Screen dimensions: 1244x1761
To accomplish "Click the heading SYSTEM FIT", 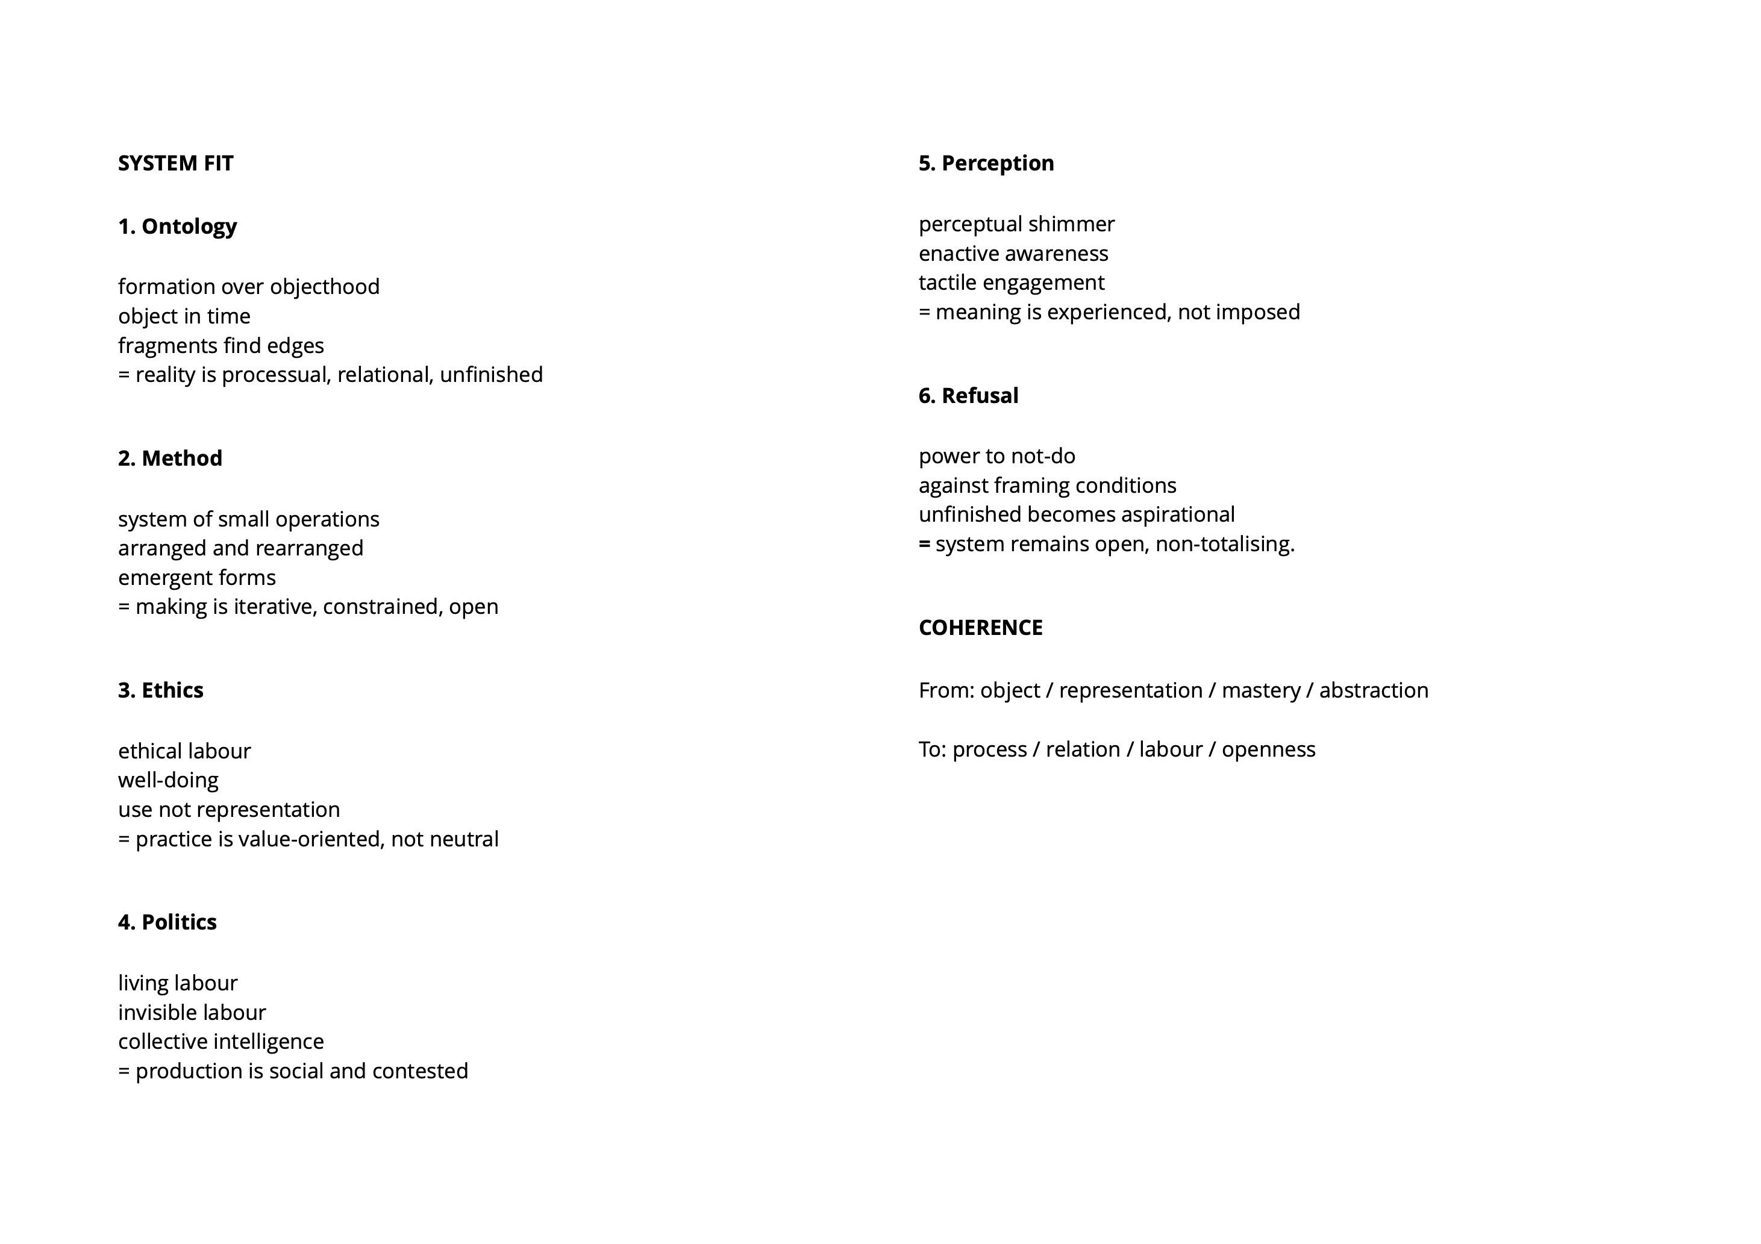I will [x=176, y=163].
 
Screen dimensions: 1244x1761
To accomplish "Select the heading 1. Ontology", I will [x=177, y=227].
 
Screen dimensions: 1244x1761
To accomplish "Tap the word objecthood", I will [x=325, y=287].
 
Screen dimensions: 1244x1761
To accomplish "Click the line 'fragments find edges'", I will [x=221, y=346].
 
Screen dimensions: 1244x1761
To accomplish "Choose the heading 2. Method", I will [x=170, y=458].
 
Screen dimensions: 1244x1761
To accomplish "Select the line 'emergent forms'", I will [x=196, y=578].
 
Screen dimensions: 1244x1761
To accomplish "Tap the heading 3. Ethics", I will [x=160, y=690].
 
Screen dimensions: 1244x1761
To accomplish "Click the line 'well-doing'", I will [x=168, y=780].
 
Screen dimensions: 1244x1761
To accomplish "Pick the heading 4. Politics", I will [x=167, y=922].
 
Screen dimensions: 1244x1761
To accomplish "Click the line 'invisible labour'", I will [x=192, y=1013].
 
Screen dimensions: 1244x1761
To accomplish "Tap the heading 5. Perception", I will [x=986, y=163].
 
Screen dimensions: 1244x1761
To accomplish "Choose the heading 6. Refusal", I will [x=969, y=396].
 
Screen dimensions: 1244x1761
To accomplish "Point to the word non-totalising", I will [x=1224, y=545].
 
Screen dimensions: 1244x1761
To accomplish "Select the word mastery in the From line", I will [x=1261, y=690].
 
